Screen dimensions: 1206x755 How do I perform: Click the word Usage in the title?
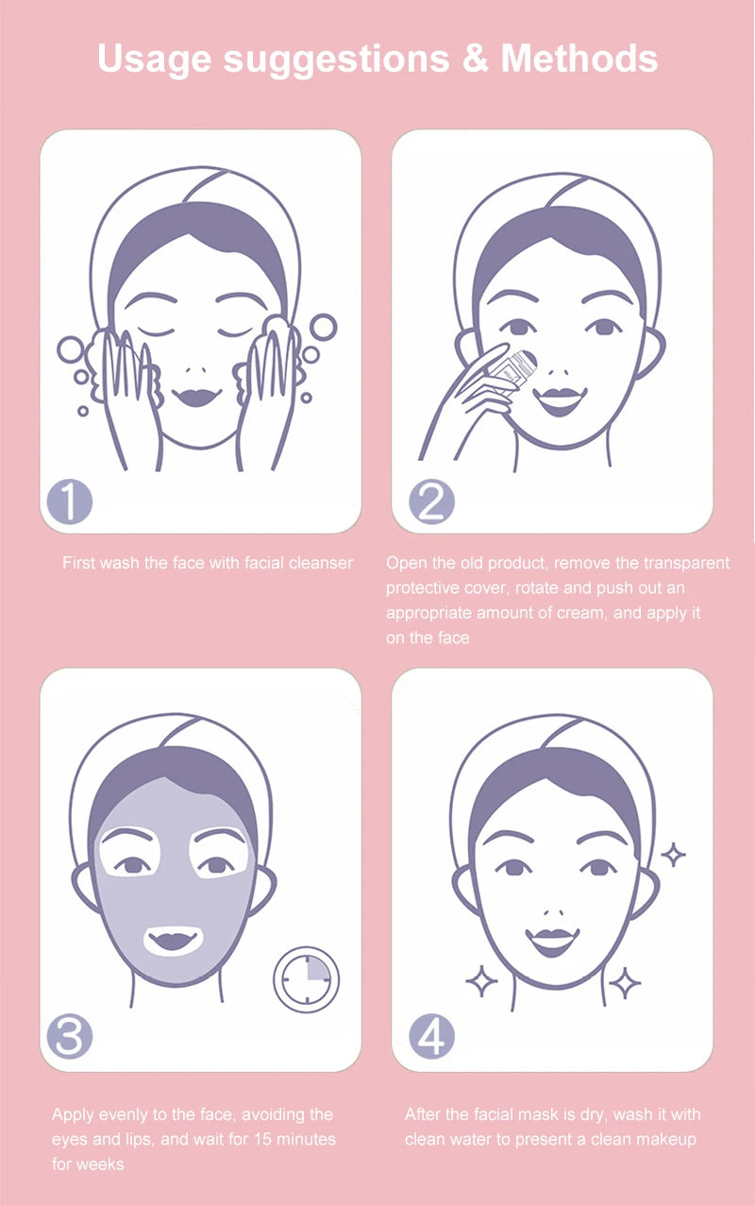click(154, 59)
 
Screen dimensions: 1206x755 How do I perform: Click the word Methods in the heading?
click(579, 59)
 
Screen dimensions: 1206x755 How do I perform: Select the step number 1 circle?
click(70, 501)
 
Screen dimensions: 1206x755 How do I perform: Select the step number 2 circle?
click(431, 501)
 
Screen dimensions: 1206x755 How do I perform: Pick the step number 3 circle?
click(70, 1038)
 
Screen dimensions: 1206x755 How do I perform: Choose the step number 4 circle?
click(431, 1038)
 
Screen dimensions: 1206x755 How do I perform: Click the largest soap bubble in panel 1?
click(323, 327)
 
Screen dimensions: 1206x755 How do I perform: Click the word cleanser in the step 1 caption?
click(321, 563)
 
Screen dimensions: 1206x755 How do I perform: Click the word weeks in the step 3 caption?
click(101, 1164)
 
